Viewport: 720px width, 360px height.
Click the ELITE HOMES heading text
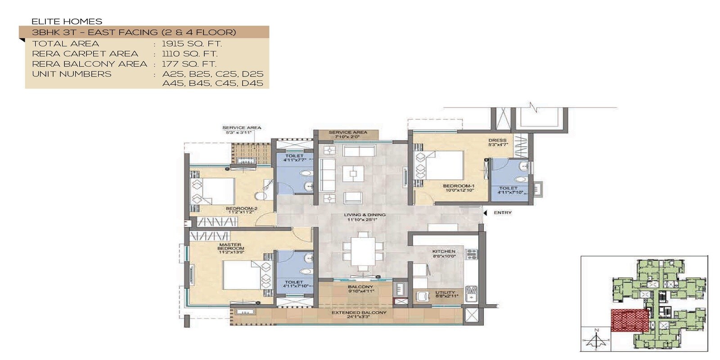(x=67, y=21)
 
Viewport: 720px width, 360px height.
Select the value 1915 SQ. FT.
(x=192, y=44)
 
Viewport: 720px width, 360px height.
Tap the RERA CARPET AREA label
(x=85, y=54)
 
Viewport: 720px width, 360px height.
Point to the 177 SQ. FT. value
(x=189, y=64)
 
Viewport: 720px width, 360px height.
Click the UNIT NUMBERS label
(x=72, y=74)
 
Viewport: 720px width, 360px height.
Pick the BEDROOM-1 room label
(x=459, y=186)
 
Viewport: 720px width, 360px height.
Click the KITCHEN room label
(x=444, y=252)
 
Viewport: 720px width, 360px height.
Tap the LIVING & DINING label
(x=364, y=215)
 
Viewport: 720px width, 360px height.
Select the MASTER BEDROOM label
(x=231, y=247)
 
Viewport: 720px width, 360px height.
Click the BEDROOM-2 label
(x=241, y=209)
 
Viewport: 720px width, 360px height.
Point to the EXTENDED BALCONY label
(x=359, y=312)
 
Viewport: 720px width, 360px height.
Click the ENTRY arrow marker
(x=485, y=212)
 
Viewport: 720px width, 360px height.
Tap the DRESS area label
(x=497, y=140)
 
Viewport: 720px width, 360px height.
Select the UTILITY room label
(x=445, y=293)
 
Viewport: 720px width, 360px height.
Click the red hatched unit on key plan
(x=630, y=320)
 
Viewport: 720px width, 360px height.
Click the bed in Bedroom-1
(x=443, y=165)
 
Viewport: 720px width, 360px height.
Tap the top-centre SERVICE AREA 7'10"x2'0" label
(x=347, y=133)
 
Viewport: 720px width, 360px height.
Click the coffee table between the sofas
(x=353, y=173)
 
